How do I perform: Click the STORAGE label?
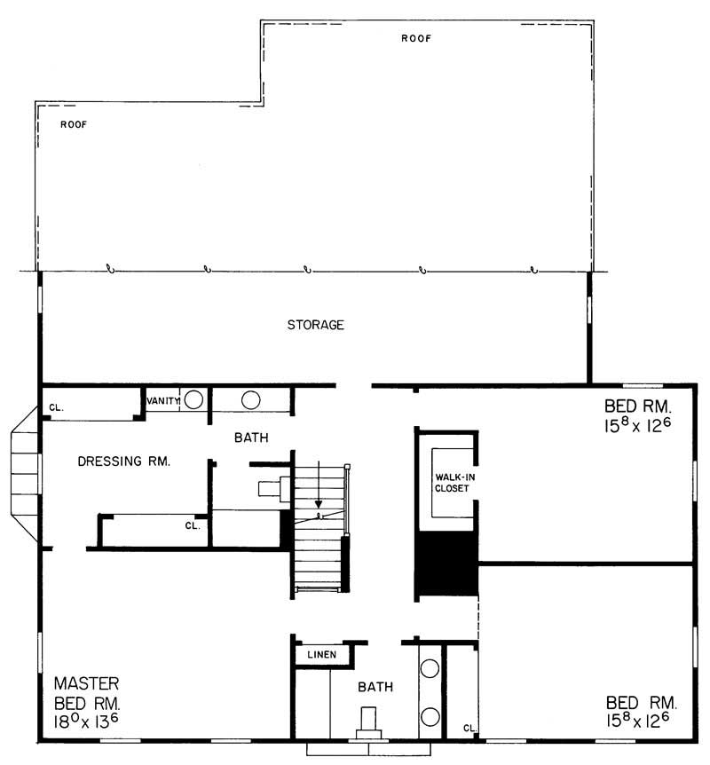(315, 325)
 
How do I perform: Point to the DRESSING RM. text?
(123, 461)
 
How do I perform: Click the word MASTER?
(86, 683)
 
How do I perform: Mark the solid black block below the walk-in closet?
(446, 564)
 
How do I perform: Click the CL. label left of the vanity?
(56, 408)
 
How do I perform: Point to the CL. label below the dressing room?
(193, 525)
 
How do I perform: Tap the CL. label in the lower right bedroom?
(469, 728)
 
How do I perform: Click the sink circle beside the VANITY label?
(193, 400)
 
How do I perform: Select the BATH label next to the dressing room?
(251, 438)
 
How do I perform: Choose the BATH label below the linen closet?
(375, 687)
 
